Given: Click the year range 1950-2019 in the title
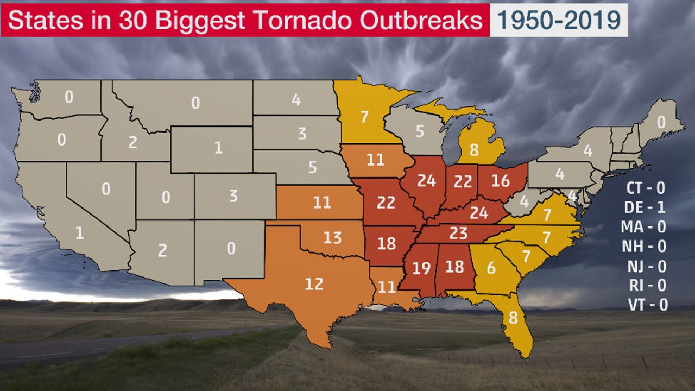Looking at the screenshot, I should [x=559, y=20].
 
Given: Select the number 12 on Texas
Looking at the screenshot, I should [x=314, y=283].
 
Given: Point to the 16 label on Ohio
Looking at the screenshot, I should [x=500, y=181].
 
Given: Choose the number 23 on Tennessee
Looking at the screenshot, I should [x=458, y=233].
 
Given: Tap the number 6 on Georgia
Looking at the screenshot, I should [x=491, y=268].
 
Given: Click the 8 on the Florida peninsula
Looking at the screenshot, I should [x=513, y=318].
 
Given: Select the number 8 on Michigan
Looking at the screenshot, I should [x=474, y=150].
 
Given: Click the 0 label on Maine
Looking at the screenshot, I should [x=661, y=123].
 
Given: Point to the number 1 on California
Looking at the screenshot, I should [x=80, y=234].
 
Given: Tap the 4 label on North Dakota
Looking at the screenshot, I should [x=296, y=100].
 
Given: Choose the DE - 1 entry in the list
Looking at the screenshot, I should [x=646, y=207].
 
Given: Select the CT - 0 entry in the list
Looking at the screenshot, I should [x=646, y=188].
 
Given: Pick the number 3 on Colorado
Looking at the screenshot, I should [x=233, y=196].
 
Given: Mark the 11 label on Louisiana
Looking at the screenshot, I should [x=387, y=287].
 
